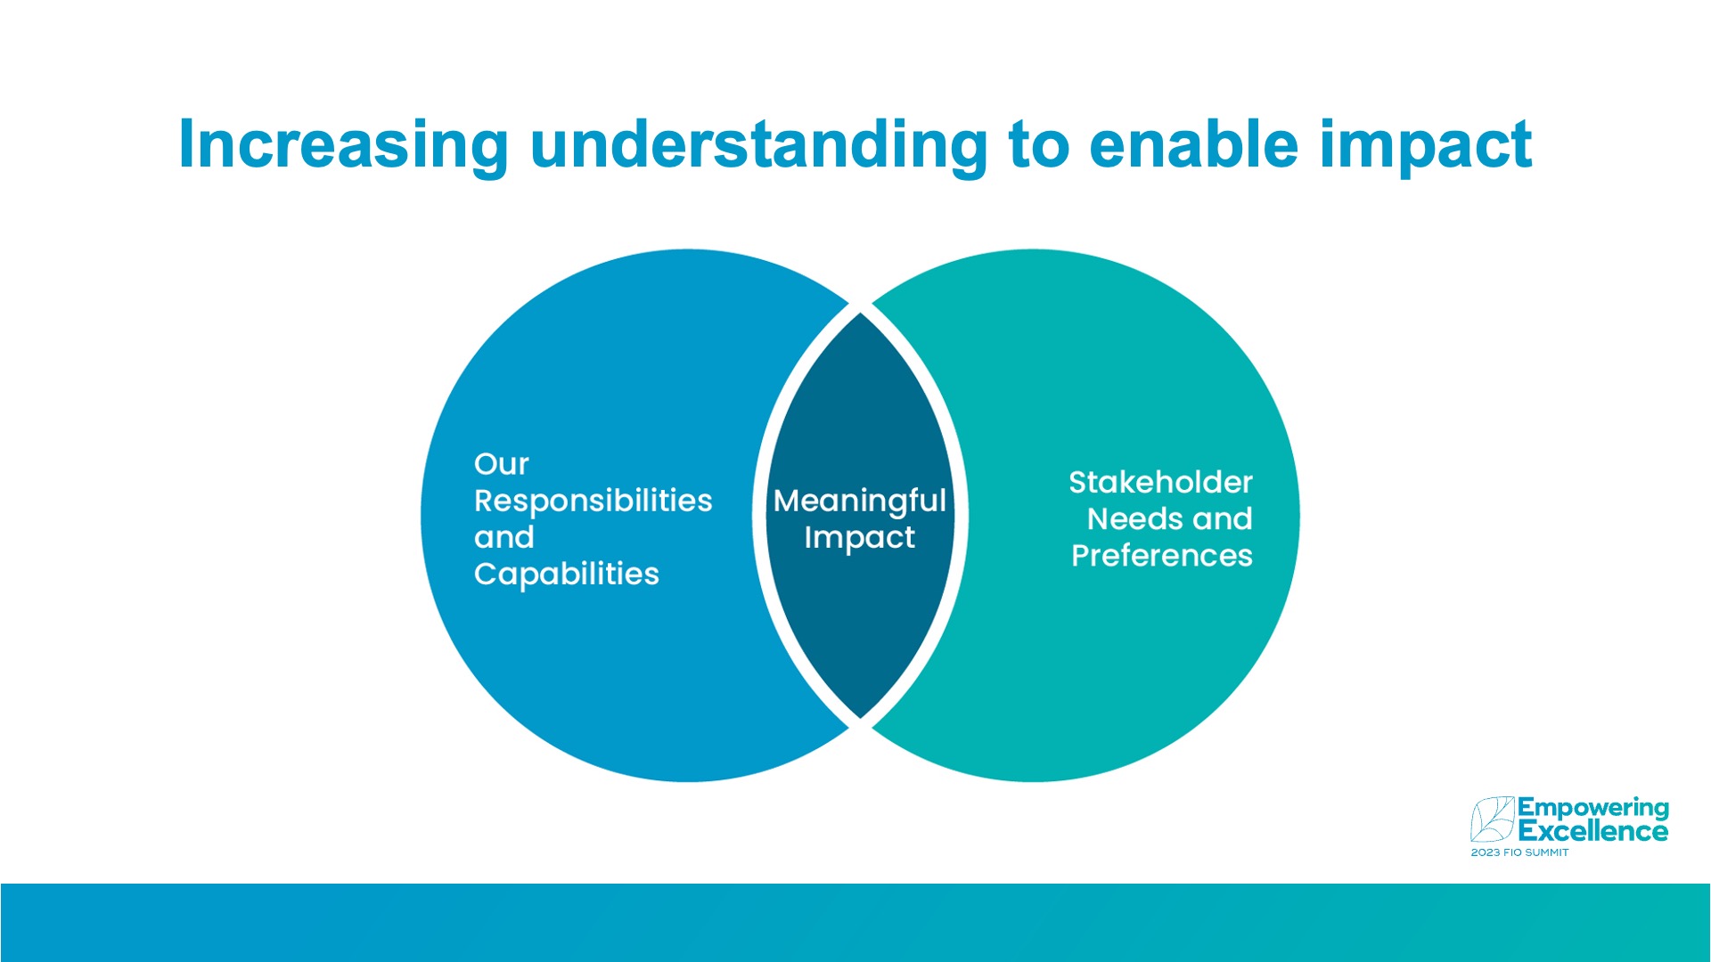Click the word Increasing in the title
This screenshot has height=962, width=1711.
344,145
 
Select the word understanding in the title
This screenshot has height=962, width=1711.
759,145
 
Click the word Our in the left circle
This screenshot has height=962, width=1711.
501,464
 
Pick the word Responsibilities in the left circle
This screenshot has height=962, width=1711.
593,501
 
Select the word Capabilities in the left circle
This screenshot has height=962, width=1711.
566,575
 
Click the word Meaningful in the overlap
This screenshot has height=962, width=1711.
859,501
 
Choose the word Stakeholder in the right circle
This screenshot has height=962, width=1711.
1160,483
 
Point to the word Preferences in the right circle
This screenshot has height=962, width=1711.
1162,556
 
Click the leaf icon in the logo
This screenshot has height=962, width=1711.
1492,819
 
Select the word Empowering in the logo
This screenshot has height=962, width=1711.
1592,810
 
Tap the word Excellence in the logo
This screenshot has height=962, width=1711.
1592,832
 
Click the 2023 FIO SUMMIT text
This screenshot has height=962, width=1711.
1519,853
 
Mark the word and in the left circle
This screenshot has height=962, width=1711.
503,538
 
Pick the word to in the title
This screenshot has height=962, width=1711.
1038,145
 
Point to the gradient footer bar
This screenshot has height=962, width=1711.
855,923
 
